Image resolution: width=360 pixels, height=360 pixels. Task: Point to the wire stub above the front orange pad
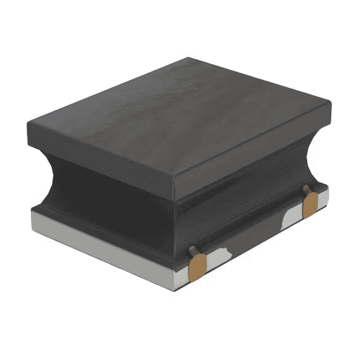click(x=194, y=250)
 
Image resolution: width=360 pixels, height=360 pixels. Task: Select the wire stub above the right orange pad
click(x=305, y=192)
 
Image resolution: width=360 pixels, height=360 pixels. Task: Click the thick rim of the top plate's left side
click(x=101, y=162)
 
